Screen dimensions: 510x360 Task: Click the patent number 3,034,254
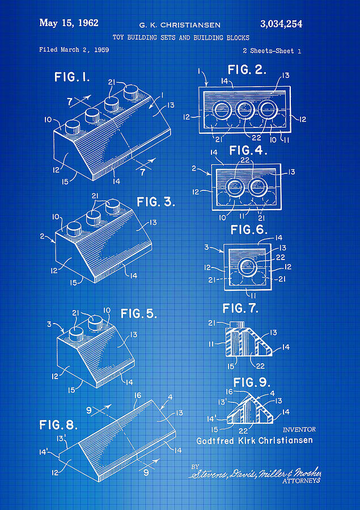point(281,24)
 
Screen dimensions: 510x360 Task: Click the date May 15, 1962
point(69,23)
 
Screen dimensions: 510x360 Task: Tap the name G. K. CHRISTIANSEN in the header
point(180,25)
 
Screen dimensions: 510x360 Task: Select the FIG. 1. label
point(72,77)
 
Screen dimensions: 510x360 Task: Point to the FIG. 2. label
point(247,70)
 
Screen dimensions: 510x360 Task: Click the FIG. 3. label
point(156,202)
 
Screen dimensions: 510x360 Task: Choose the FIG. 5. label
point(138,313)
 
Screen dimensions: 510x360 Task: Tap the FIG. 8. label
point(58,424)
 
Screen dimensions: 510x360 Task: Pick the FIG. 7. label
point(240,308)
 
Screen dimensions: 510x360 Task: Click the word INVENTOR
point(298,430)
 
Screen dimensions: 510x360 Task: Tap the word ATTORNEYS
point(301,481)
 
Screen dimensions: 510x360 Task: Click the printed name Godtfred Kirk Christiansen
point(254,440)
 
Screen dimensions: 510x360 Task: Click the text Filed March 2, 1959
point(74,50)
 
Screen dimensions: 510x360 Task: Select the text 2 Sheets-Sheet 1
point(272,51)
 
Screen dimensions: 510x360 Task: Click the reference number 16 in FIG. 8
point(137,395)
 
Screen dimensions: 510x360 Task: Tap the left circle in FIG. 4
point(234,186)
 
